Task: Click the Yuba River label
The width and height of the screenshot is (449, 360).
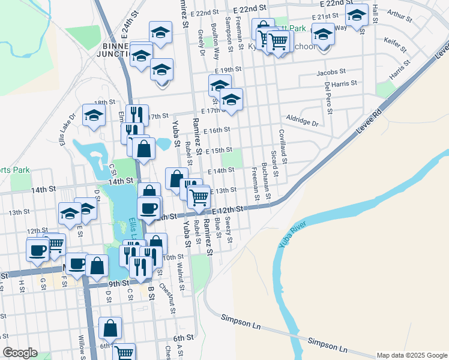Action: coord(292,235)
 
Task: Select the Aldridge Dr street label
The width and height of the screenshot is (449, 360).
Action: coord(302,121)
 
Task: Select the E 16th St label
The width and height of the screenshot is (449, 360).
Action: coord(217,130)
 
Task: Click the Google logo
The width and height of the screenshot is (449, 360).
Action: coord(20,353)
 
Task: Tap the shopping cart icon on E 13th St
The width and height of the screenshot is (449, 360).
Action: coord(199,196)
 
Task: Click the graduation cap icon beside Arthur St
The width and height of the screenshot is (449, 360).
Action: coord(357,14)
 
